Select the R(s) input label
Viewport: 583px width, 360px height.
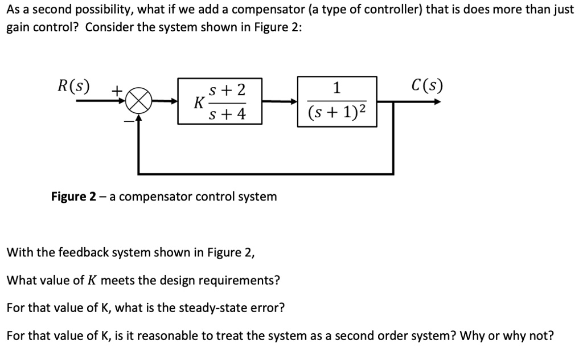73,86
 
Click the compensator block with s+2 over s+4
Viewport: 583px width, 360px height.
220,101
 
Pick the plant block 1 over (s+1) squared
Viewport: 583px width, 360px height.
336,101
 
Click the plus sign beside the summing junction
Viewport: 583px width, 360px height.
116,90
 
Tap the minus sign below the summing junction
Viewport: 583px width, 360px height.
129,120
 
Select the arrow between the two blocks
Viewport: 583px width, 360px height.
280,102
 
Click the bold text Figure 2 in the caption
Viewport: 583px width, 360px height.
73,197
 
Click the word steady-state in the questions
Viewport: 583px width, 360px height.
211,308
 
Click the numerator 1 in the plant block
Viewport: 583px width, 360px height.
336,88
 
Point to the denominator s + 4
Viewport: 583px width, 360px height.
227,114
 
